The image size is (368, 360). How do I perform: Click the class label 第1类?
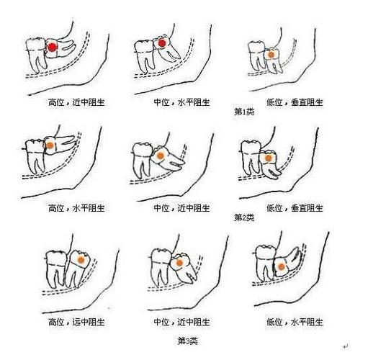tap(244, 112)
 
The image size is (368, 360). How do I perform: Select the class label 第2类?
tap(244, 217)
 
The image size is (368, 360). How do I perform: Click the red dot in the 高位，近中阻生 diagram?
tap(52, 48)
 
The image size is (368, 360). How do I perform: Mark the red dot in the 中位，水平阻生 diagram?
tap(163, 45)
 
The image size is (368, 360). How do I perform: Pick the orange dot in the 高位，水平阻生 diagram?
tap(51, 145)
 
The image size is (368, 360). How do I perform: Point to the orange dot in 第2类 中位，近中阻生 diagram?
tap(161, 154)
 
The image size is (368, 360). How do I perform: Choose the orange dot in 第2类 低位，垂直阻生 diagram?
tap(268, 157)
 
